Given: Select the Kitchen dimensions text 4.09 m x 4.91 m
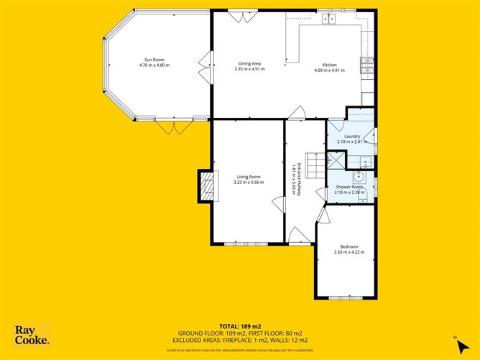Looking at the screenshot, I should click(x=329, y=70).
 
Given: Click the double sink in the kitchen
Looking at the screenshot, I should click(x=329, y=19).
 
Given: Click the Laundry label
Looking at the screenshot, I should click(x=351, y=137).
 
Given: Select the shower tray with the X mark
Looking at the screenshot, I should click(x=336, y=160).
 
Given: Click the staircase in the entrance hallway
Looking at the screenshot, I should click(x=311, y=160).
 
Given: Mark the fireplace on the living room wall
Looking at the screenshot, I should click(x=206, y=186).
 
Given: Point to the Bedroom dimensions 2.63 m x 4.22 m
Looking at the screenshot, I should click(x=349, y=252).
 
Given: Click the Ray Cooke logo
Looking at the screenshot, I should click(x=32, y=335).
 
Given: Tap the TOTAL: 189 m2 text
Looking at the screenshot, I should click(x=239, y=326).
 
